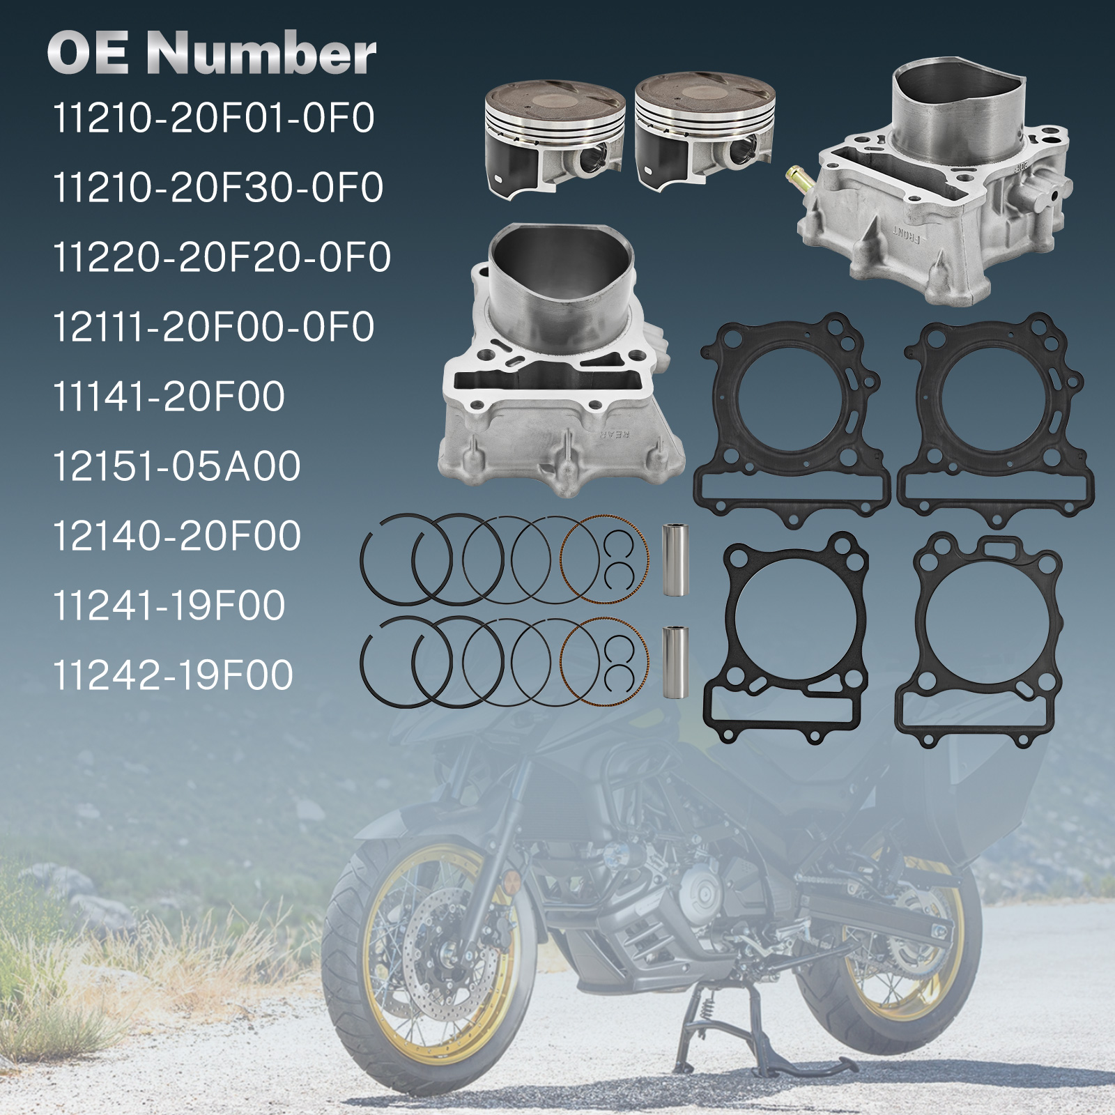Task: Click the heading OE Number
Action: (211, 53)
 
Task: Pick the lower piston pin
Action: (675, 662)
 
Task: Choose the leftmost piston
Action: (554, 139)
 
